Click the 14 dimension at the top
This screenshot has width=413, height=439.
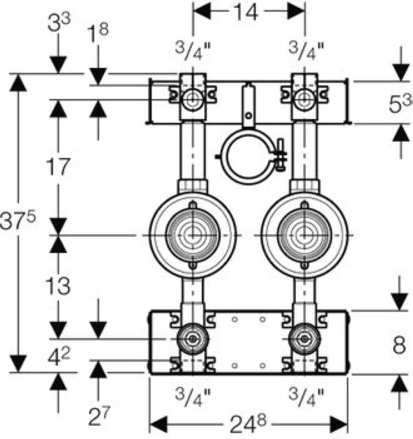point(245,12)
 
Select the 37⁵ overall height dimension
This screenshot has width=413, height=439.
point(18,221)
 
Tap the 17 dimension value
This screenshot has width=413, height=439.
point(58,167)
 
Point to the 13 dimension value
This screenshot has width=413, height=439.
point(58,286)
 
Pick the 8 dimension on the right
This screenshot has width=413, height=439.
point(399,345)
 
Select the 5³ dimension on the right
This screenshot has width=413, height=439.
point(401,103)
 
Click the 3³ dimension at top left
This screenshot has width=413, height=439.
point(59,23)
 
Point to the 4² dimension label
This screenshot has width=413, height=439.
point(59,357)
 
